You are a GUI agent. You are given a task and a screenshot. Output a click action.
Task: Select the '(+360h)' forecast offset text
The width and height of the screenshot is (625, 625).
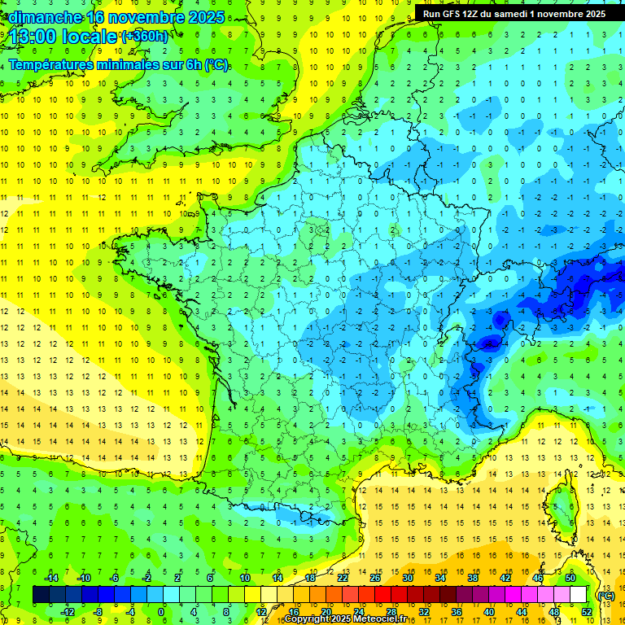tap(145, 37)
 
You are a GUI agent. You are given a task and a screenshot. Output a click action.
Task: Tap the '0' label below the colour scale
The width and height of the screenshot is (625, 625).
tap(161, 611)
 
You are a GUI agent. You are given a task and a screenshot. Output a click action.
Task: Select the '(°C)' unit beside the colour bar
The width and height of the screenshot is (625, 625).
tap(605, 595)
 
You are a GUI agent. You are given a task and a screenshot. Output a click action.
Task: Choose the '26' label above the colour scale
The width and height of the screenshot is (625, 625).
tap(376, 578)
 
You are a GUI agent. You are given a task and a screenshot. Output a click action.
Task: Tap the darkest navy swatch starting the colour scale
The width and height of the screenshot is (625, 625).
tap(41, 595)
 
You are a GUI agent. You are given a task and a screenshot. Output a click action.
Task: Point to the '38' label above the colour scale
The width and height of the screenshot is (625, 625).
tap(473, 578)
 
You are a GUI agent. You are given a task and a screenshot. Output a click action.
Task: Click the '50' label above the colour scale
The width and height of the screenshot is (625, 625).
tap(570, 578)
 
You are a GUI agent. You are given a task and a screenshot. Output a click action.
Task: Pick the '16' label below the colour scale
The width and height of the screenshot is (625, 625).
tap(294, 611)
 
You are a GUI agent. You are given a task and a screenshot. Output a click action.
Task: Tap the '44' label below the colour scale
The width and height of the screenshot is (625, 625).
tap(522, 611)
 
